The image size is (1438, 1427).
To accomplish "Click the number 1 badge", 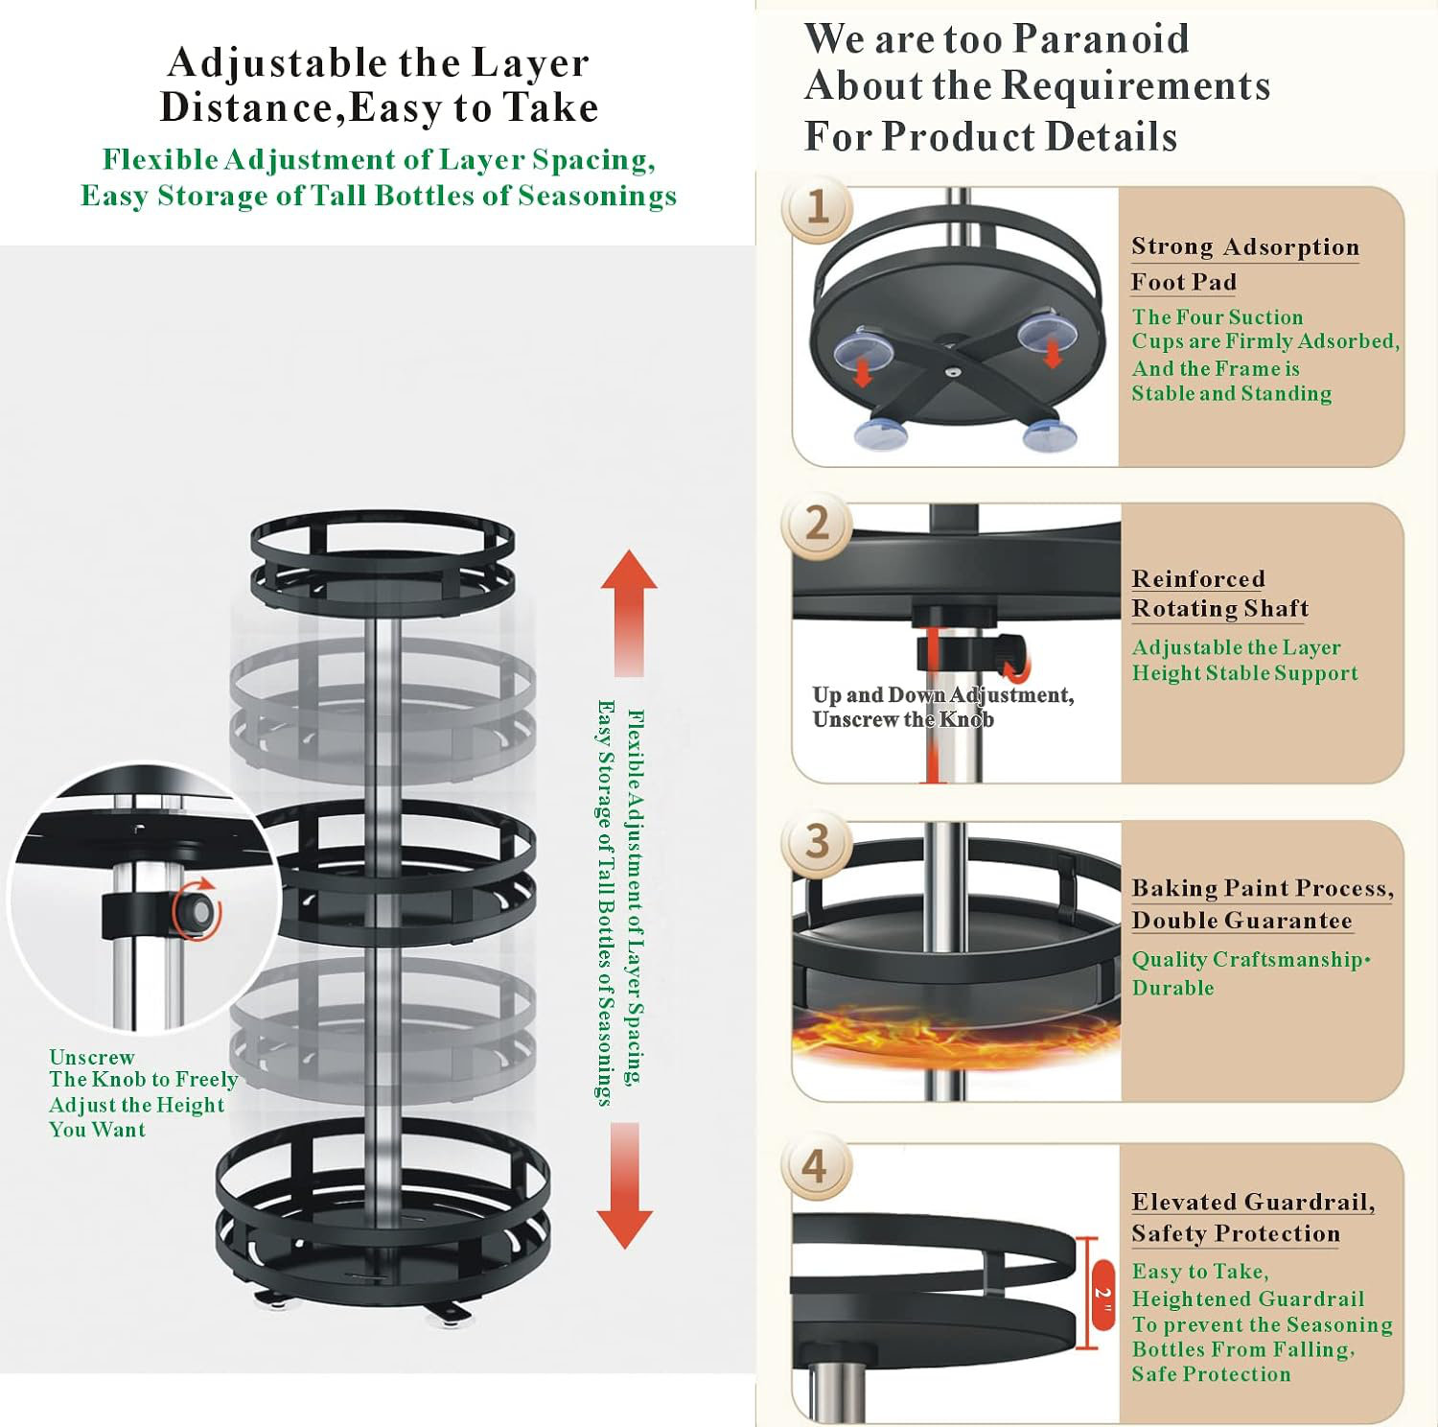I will tap(817, 207).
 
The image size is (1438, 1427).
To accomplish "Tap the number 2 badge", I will tap(817, 524).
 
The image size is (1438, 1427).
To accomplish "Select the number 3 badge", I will tap(817, 841).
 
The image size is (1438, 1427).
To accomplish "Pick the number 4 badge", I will tap(814, 1166).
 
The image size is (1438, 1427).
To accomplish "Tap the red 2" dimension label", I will tap(1102, 1294).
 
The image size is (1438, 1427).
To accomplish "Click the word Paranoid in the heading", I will tap(1101, 39).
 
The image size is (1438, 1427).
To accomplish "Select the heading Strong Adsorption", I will tap(1244, 247).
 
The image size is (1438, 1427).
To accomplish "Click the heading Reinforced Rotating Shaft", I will tap(1219, 594).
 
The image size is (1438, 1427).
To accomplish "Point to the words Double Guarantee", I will tap(1241, 921).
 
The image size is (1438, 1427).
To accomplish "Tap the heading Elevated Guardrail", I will tap(1252, 1203).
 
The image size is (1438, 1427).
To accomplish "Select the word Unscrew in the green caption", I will tap(92, 1057).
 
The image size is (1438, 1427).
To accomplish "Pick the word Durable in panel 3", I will tap(1172, 988).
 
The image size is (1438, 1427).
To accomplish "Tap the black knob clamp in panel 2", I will tap(968, 652).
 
